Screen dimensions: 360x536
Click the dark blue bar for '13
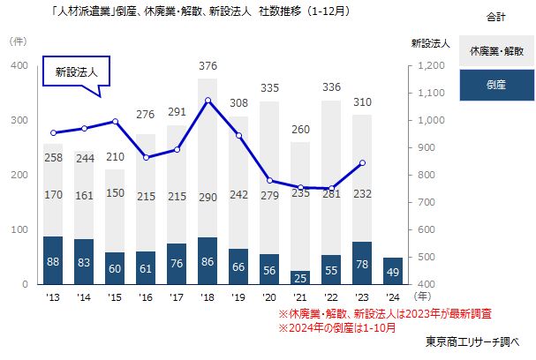tap(53, 260)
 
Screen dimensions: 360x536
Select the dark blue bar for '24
tap(368, 271)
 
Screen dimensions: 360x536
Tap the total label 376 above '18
tap(208, 66)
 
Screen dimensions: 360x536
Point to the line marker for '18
tap(208, 101)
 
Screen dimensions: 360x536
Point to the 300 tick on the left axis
tap(19, 121)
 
